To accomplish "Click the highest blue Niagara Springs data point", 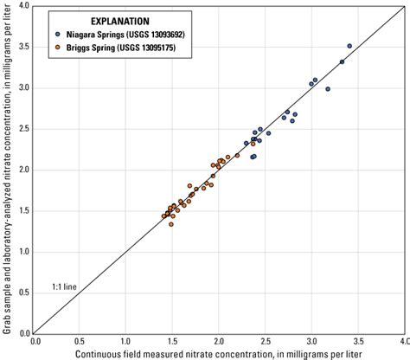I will [x=349, y=46].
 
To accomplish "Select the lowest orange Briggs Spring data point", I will [x=171, y=224].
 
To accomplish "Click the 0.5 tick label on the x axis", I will [x=80, y=341].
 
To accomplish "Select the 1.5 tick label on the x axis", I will [x=172, y=341].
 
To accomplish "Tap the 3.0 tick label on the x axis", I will [x=311, y=341].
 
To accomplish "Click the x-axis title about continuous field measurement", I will [x=217, y=354].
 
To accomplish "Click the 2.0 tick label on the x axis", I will [x=219, y=341].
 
